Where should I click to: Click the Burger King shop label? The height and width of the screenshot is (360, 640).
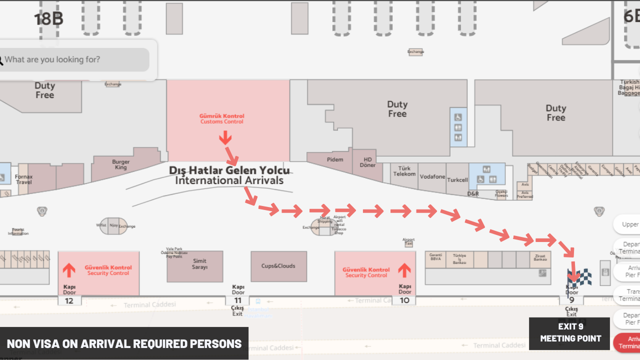tap(120, 164)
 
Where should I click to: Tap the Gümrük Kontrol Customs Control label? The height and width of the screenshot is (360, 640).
tap(222, 119)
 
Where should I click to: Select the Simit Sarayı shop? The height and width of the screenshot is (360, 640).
tap(199, 264)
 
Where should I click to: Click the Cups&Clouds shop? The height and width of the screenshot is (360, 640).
tap(278, 266)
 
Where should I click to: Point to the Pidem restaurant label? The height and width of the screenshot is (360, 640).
tap(335, 159)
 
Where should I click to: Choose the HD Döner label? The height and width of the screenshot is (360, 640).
tap(367, 162)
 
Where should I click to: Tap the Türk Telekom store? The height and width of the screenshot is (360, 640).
tap(404, 171)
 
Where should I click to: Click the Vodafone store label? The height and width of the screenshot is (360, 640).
tap(432, 177)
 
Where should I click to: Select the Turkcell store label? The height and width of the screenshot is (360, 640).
tap(457, 180)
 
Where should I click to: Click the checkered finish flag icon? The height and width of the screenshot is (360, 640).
tap(579, 276)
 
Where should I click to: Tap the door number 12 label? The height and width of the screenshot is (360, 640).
tap(69, 301)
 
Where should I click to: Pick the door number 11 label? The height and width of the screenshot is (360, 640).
tap(238, 300)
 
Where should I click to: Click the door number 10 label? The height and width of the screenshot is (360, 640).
tap(404, 300)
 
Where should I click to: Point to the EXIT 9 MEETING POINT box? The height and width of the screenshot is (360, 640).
tap(570, 333)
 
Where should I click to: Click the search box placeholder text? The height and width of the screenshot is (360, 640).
tap(52, 59)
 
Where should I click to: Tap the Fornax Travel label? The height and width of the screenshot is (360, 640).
tap(23, 179)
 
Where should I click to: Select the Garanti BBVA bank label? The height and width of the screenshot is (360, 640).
tap(435, 257)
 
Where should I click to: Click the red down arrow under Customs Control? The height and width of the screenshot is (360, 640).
tap(225, 137)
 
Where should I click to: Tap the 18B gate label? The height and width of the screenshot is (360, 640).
tap(48, 19)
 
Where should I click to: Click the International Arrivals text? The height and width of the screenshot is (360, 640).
tap(229, 180)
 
